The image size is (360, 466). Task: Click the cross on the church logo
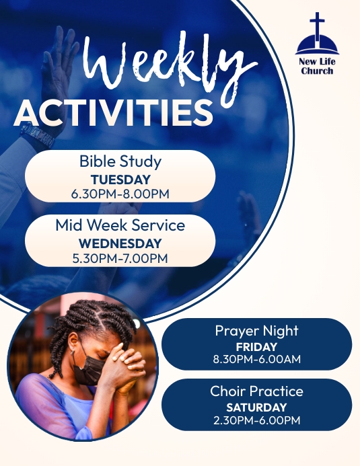click(x=317, y=26)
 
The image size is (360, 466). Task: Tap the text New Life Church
click(x=317, y=66)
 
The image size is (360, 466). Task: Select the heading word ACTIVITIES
click(x=113, y=112)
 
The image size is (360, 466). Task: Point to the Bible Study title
click(x=120, y=161)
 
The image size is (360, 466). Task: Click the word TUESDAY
click(x=120, y=180)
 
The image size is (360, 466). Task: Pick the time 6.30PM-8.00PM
click(x=120, y=194)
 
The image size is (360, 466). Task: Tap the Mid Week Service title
click(x=120, y=225)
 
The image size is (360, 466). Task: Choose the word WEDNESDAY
click(x=120, y=243)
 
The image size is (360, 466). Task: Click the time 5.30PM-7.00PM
click(x=120, y=258)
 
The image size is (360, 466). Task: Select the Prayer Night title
click(x=256, y=331)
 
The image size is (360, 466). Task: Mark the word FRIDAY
click(x=256, y=347)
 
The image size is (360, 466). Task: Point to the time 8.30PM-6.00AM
click(x=256, y=359)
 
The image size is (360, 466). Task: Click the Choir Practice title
click(x=256, y=391)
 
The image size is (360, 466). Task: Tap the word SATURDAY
click(x=256, y=407)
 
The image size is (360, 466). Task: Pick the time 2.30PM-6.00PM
click(x=256, y=420)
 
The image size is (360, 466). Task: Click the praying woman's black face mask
click(x=92, y=368)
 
